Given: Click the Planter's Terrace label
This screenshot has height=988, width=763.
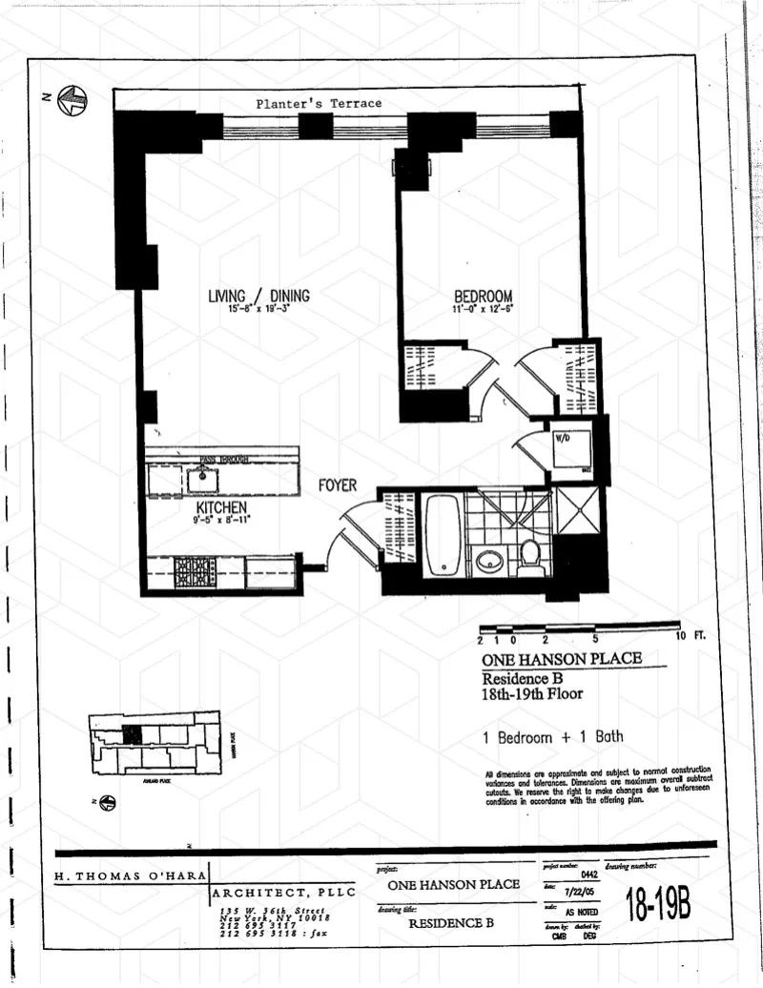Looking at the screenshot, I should [319, 103].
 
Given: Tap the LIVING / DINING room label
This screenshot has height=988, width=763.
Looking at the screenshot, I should [258, 296].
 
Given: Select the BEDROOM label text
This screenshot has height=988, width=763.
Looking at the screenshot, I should [483, 296].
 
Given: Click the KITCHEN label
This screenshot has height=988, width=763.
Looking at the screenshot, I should [222, 507].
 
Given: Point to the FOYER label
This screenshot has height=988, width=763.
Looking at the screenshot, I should [338, 486].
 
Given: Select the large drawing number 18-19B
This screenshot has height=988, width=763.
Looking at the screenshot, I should [658, 903].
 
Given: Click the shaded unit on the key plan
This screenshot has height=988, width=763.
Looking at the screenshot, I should [133, 733].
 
